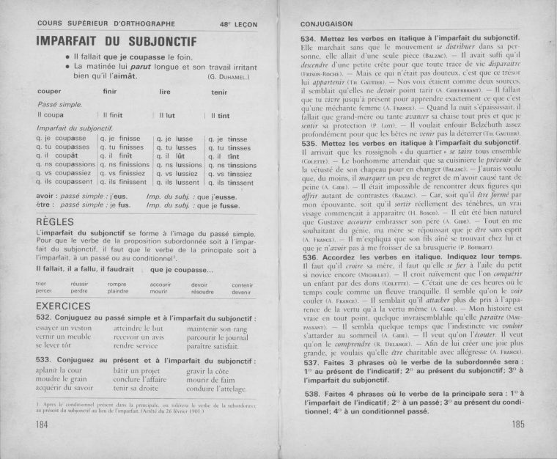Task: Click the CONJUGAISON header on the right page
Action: (327, 23)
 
